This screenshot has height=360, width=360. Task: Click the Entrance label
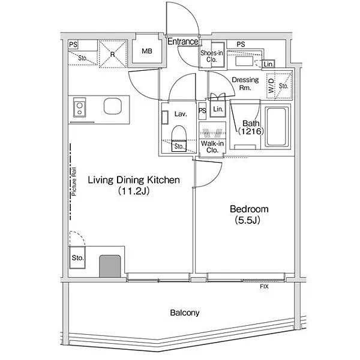click(183, 41)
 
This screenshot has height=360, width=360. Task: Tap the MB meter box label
click(147, 51)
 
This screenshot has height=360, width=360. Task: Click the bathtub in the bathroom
click(277, 127)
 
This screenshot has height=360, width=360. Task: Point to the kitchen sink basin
click(113, 106)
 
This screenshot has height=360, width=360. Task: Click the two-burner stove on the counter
click(79, 107)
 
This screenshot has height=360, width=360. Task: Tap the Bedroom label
click(249, 209)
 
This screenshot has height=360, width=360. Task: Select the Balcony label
click(185, 313)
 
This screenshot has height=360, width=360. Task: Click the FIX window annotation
click(264, 287)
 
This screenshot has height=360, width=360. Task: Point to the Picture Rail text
click(74, 182)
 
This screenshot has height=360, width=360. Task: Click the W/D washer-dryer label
click(271, 86)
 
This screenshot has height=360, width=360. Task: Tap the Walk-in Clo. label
click(212, 147)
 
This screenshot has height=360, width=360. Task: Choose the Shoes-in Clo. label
click(211, 56)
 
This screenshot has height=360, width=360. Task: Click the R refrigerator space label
click(113, 55)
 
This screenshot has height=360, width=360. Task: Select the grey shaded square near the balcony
click(110, 266)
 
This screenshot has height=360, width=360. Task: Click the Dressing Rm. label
click(245, 83)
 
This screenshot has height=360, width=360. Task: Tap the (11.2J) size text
click(134, 191)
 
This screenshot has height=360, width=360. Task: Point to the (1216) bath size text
click(251, 131)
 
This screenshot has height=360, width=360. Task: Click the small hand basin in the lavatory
click(165, 118)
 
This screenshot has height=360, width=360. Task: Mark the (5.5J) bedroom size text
click(247, 220)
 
